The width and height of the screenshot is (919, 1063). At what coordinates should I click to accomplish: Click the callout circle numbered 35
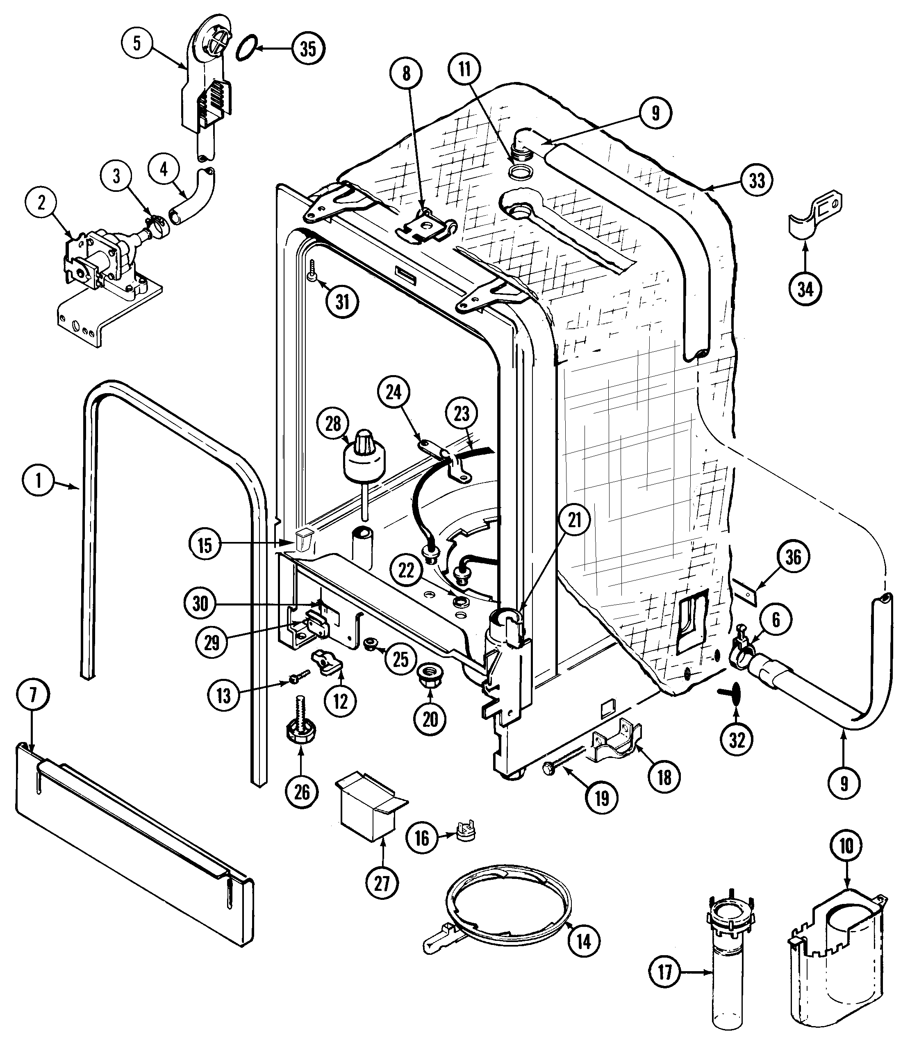308,49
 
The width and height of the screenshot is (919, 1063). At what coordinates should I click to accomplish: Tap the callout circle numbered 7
33,695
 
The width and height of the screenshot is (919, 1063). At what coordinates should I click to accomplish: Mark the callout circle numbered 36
793,557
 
